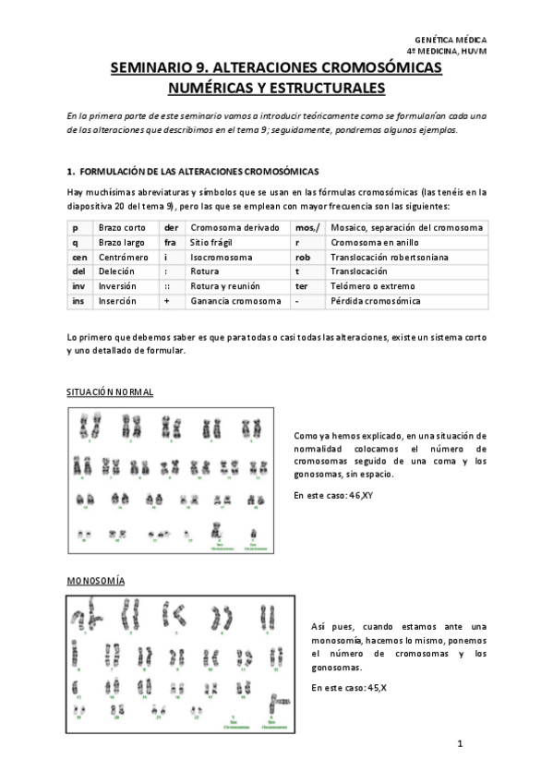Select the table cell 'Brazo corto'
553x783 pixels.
tap(123, 227)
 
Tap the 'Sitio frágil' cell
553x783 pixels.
tap(213, 242)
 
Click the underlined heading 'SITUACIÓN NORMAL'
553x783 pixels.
tap(110, 392)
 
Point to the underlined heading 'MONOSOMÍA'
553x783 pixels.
tap(96, 580)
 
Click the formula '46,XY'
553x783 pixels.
tap(356, 496)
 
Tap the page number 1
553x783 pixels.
tap(459, 743)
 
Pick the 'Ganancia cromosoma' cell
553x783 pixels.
tap(235, 301)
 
